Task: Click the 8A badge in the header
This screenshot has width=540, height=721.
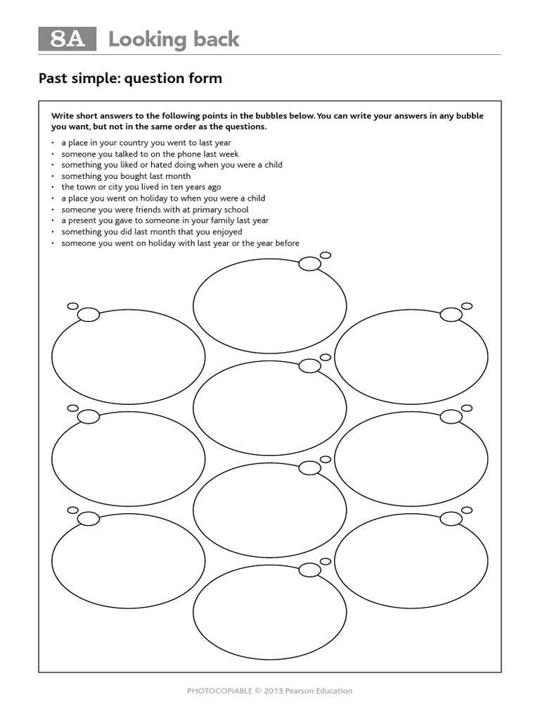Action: (67, 39)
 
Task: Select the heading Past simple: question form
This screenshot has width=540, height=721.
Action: (130, 78)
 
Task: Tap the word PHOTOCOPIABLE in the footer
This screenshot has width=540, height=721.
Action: (218, 691)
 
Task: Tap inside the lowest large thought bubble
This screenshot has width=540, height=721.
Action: (269, 612)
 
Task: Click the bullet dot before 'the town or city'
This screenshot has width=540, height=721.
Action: (53, 187)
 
